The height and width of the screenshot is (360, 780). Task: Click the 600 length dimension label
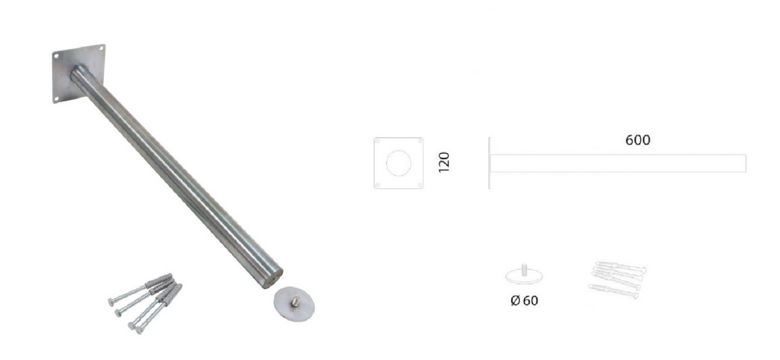click(638, 140)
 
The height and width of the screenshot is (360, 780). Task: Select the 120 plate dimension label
click(444, 162)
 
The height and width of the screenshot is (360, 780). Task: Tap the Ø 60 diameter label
click(524, 300)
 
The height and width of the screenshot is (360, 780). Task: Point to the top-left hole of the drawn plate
click(377, 141)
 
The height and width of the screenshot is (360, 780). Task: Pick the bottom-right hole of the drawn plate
click(420, 185)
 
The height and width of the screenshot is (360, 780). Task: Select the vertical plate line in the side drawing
click(489, 163)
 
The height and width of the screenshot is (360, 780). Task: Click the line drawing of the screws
click(617, 280)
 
